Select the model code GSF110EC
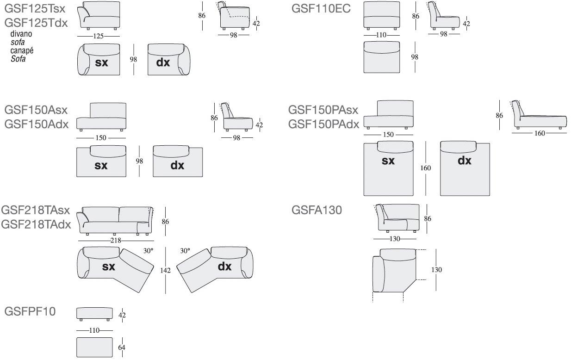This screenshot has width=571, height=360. point(321,8)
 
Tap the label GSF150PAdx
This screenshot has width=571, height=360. point(323,124)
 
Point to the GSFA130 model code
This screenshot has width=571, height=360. point(317,210)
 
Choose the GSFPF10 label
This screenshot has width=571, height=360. point(30,311)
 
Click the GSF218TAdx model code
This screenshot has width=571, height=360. point(36,224)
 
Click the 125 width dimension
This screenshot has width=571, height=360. point(99,36)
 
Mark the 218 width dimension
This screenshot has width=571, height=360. point(116,241)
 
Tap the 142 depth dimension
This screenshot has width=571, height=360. point(165,270)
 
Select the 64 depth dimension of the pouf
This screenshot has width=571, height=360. point(122,348)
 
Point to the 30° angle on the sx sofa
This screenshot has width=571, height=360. point(148,251)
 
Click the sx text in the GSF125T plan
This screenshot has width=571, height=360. point(101,62)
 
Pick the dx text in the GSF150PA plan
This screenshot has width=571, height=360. point(464,161)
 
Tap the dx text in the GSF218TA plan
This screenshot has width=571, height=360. point(224,266)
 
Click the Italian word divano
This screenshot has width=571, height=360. point(21,34)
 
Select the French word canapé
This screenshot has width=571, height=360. point(22,50)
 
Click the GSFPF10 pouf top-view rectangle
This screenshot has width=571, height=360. point(94,347)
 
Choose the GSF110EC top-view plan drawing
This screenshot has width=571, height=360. point(382,57)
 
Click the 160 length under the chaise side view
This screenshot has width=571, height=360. point(540,133)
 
